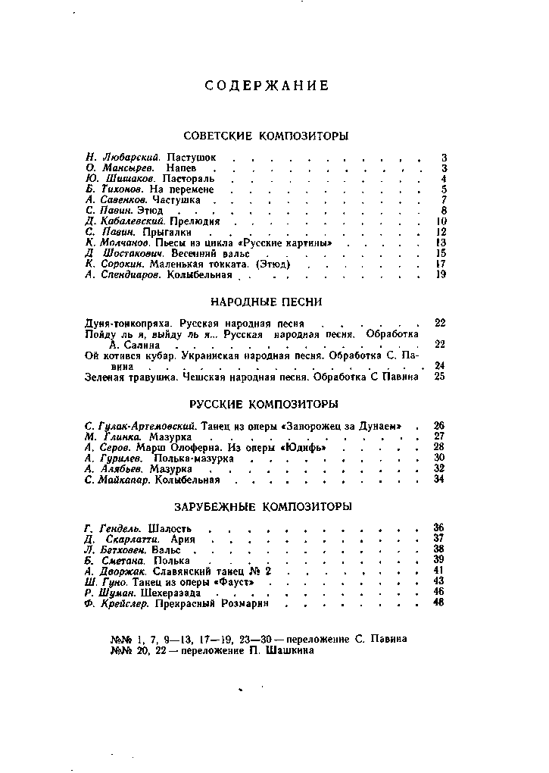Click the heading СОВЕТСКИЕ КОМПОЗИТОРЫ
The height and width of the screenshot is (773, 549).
tap(266, 136)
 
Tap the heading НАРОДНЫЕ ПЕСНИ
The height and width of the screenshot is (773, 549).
tap(266, 302)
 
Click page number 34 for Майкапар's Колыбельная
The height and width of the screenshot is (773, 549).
tap(439, 479)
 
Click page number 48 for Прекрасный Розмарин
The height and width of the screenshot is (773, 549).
tap(438, 602)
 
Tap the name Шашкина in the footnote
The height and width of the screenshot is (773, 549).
tap(292, 649)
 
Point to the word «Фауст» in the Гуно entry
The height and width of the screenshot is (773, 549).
tap(234, 581)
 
